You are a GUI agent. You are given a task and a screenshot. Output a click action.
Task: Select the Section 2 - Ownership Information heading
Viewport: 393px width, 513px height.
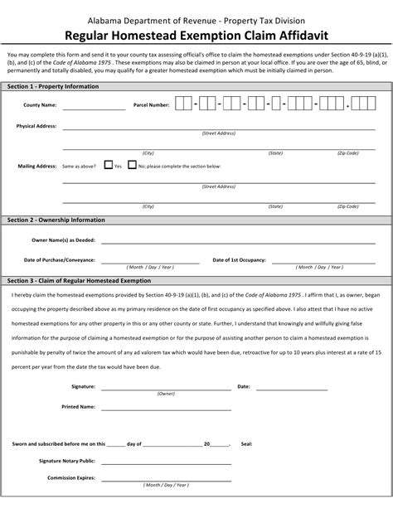pos(56,220)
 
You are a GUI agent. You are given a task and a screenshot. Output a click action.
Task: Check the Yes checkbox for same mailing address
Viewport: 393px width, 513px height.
pos(109,165)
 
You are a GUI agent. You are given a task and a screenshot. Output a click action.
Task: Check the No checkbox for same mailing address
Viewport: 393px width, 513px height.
pos(131,165)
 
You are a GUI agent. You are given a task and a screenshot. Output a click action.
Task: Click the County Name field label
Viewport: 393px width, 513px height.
pos(39,105)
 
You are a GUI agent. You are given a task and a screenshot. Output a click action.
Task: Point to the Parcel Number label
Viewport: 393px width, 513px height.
pos(151,105)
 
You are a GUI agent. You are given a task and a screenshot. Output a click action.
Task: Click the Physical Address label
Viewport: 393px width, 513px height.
pos(36,126)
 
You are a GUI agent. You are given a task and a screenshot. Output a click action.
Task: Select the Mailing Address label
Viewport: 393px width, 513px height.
pos(37,166)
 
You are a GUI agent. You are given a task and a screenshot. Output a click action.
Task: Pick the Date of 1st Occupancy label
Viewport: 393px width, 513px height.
pos(239,259)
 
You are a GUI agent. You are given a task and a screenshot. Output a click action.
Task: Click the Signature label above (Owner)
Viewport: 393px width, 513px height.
pos(83,386)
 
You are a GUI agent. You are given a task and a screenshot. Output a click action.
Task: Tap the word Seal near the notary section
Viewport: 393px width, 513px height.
pos(246,443)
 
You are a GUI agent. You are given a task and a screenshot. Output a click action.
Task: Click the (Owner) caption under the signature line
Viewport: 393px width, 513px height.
pos(166,394)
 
